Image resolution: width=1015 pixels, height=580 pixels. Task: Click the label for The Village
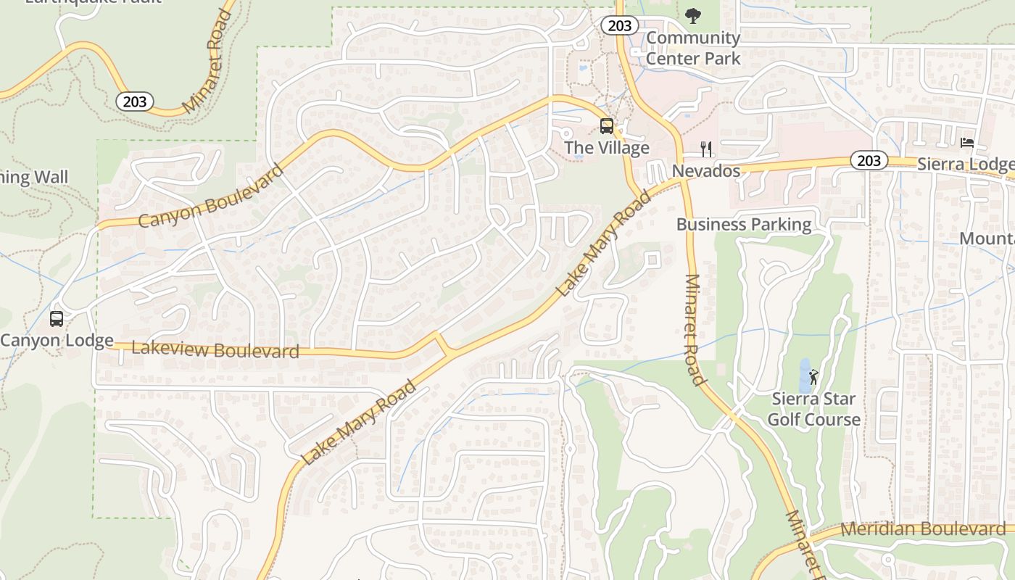point(606,148)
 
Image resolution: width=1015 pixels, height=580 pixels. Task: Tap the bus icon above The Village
point(606,126)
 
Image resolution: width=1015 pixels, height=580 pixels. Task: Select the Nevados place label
point(705,171)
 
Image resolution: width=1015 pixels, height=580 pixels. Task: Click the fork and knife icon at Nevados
point(706,149)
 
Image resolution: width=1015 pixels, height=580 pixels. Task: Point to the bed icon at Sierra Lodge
point(966,142)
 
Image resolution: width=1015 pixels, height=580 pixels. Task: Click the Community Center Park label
point(693,48)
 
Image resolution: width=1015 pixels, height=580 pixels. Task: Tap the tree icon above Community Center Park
point(693,14)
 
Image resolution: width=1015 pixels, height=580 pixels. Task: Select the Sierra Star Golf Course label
point(813,409)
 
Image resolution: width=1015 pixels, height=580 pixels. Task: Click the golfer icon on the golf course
point(813,377)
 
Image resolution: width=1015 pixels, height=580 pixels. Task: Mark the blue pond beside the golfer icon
point(804,374)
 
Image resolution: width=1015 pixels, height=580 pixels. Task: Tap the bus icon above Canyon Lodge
point(56,318)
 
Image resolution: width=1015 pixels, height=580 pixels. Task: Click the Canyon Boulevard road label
point(210,197)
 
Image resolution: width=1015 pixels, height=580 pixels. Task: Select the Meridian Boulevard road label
point(922,529)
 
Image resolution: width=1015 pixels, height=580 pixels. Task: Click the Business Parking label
point(743,224)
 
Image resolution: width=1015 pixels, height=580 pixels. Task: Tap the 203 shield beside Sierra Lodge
point(868,160)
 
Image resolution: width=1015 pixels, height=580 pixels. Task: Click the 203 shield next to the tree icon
point(619,25)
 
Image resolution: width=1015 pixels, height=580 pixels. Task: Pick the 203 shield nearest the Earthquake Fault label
point(135,101)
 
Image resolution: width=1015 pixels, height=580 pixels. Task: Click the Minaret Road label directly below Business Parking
point(692,330)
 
